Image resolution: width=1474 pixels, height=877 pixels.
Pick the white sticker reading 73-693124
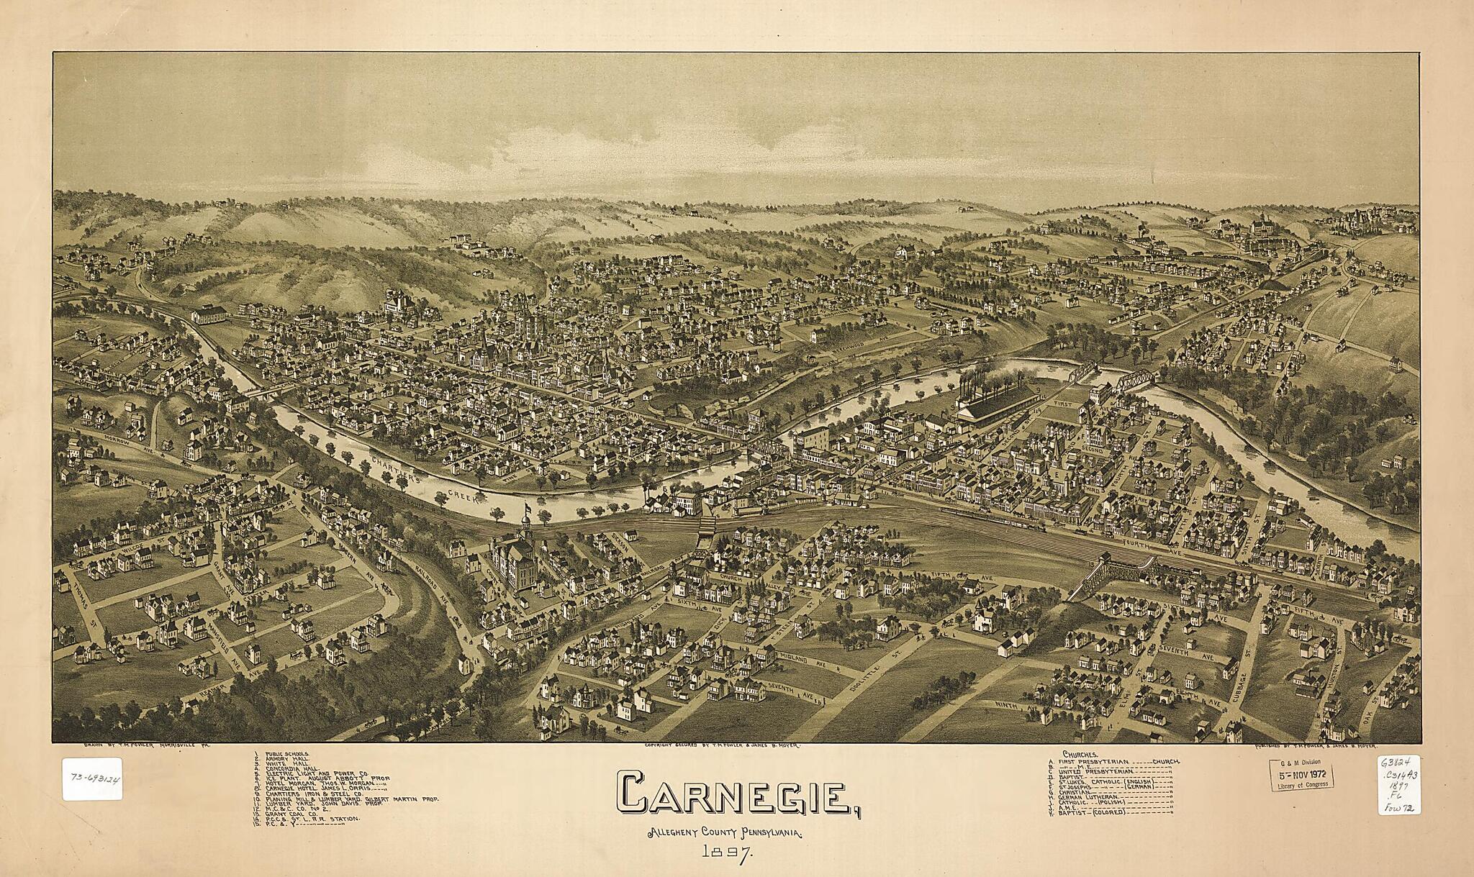[x=91, y=778]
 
